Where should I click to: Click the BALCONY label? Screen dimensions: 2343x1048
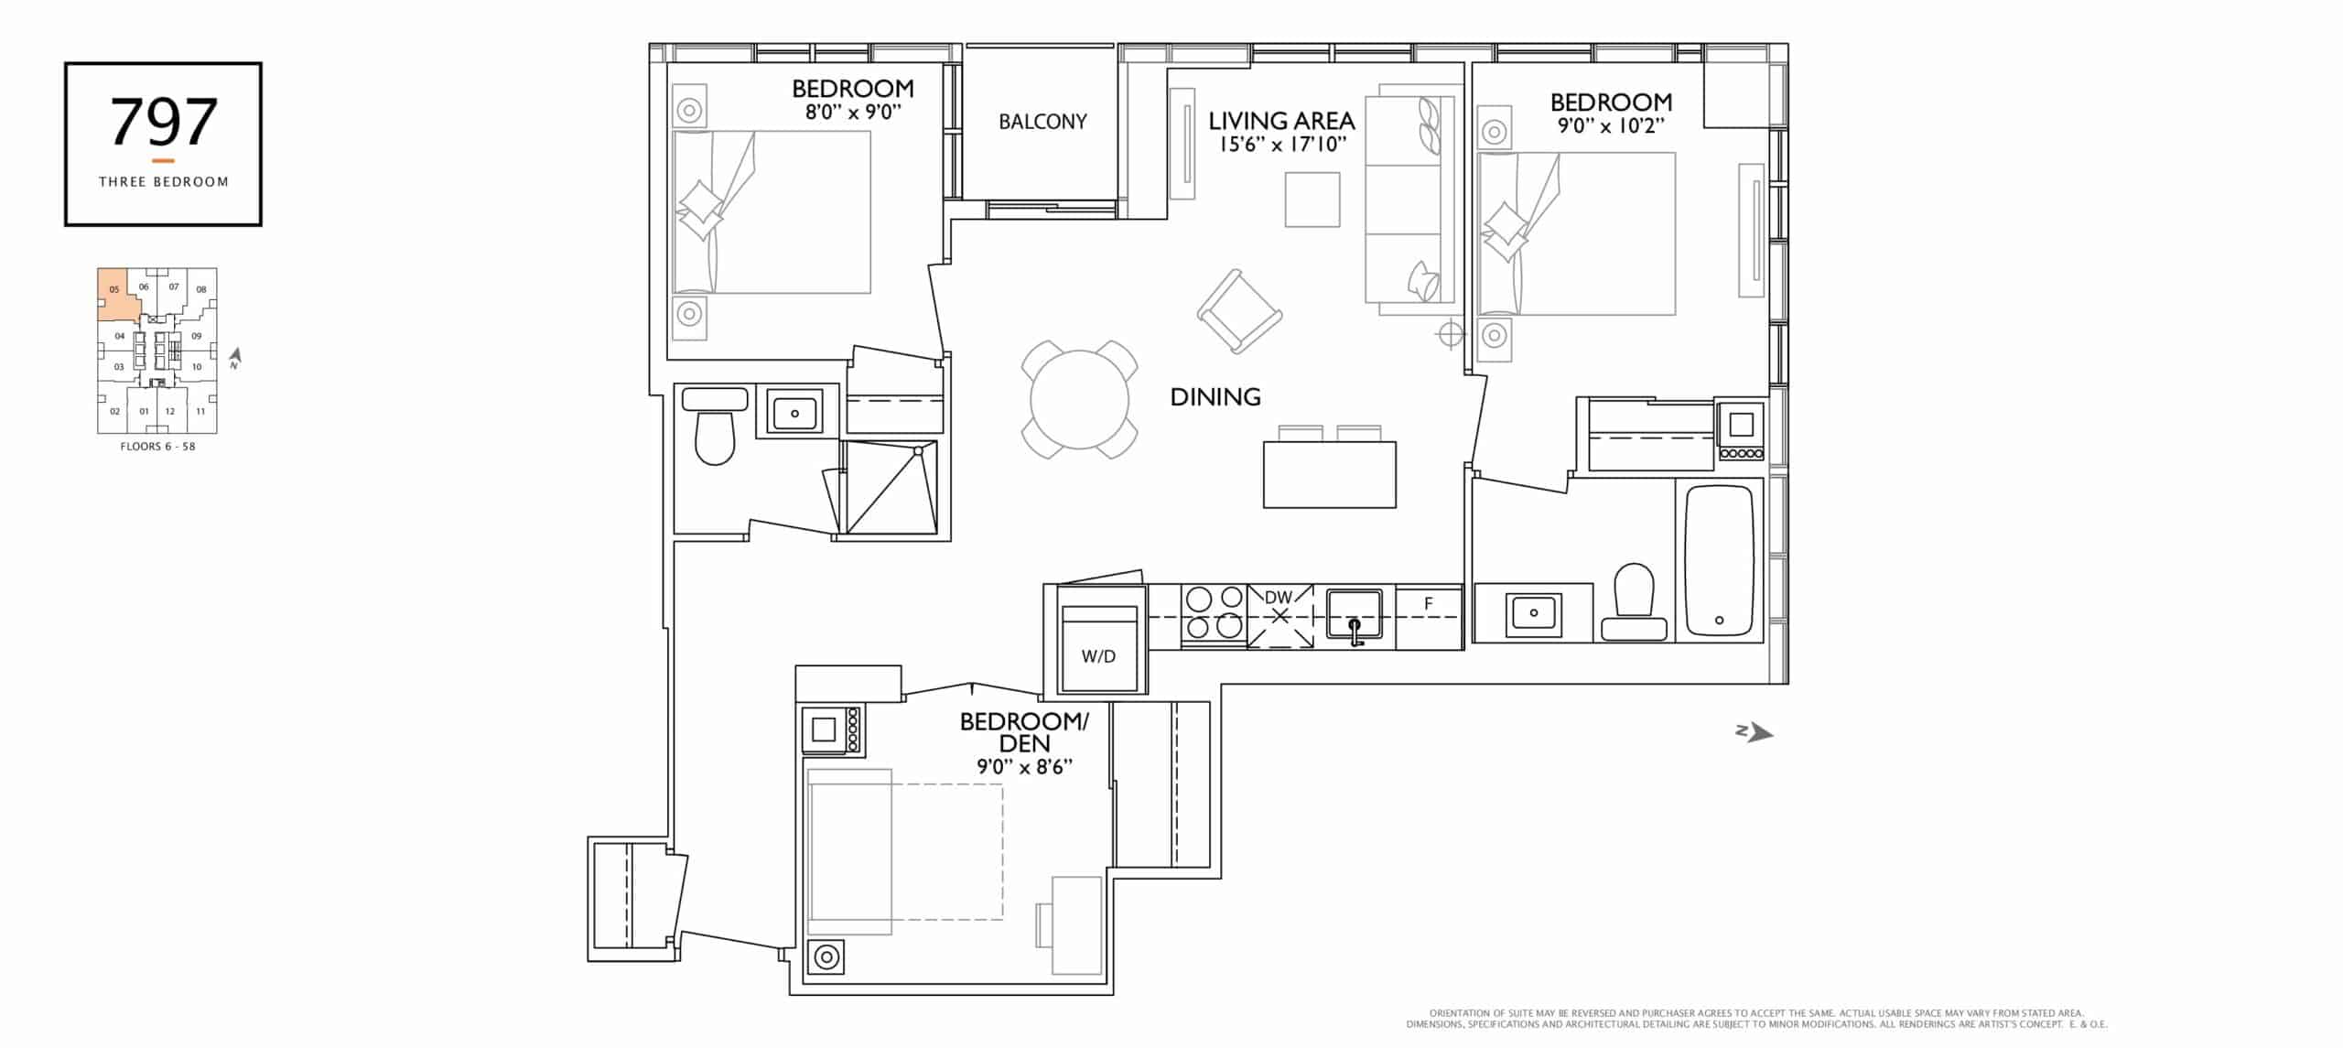1042,122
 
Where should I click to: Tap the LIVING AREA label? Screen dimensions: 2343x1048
1281,121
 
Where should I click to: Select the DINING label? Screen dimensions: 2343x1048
1215,396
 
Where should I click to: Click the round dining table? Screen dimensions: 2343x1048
1080,400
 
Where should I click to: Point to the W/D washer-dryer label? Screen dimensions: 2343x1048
1098,656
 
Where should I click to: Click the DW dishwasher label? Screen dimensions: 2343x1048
1279,598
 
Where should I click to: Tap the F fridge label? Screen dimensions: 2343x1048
1428,603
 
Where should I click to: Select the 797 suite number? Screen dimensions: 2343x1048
163,122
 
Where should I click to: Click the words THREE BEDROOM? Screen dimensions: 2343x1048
164,182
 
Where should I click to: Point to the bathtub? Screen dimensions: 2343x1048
1719,560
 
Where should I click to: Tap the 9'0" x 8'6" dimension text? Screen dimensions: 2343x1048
1024,767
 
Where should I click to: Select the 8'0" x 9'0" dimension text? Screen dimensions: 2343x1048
853,112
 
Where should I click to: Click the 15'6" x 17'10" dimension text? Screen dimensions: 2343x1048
1282,144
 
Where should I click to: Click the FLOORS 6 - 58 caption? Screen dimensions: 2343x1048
157,447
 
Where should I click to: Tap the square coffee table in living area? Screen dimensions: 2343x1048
1312,200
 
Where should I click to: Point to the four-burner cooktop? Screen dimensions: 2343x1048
1214,612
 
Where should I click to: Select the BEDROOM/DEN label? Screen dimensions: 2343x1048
1024,732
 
